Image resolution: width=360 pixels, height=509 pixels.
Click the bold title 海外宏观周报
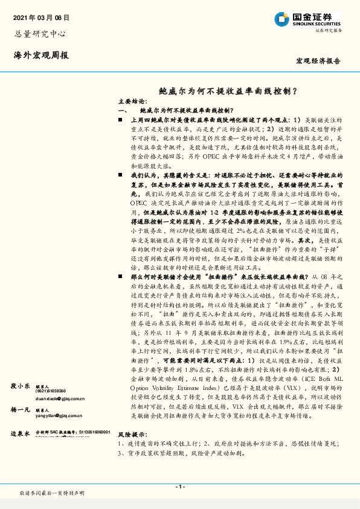tap(41, 56)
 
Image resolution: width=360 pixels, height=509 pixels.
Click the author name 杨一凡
tap(21, 409)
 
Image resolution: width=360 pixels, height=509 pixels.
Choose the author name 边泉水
tap(21, 434)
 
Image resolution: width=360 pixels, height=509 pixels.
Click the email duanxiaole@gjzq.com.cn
tap(59, 399)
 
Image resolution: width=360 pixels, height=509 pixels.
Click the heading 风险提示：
tap(132, 451)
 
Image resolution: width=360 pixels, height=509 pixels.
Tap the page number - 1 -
tap(180, 486)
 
